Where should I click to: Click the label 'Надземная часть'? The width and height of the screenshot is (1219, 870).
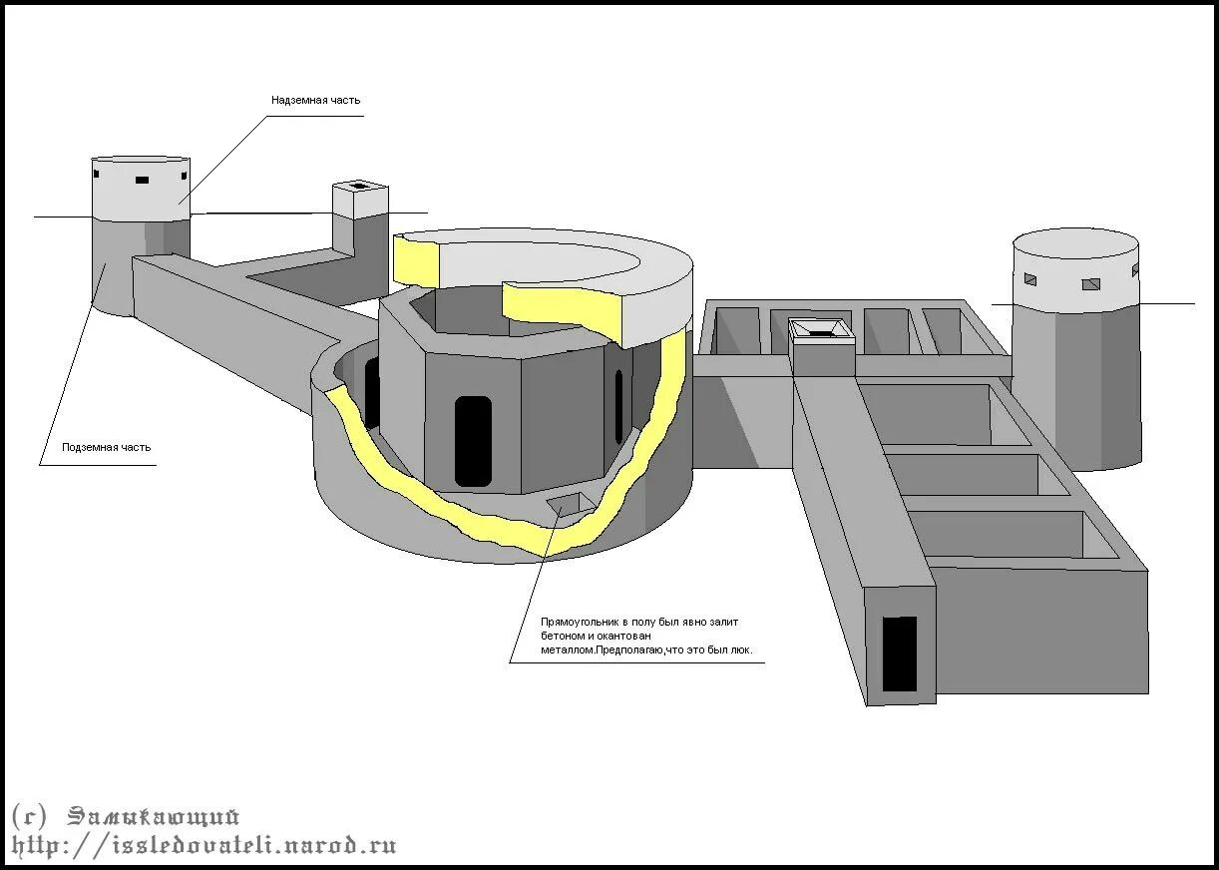(315, 101)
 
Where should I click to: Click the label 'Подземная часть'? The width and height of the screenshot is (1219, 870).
(107, 448)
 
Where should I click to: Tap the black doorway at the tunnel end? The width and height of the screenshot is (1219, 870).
(900, 653)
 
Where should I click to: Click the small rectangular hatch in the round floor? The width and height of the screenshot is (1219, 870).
(567, 504)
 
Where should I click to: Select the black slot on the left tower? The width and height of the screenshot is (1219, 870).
(142, 181)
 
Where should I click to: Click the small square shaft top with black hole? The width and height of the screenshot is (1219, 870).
(359, 187)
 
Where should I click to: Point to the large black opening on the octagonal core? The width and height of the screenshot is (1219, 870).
(473, 440)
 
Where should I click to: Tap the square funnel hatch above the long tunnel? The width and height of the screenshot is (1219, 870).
(822, 329)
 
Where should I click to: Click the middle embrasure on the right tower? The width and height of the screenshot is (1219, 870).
(1091, 284)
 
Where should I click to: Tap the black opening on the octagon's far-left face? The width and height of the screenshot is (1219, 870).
(371, 392)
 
